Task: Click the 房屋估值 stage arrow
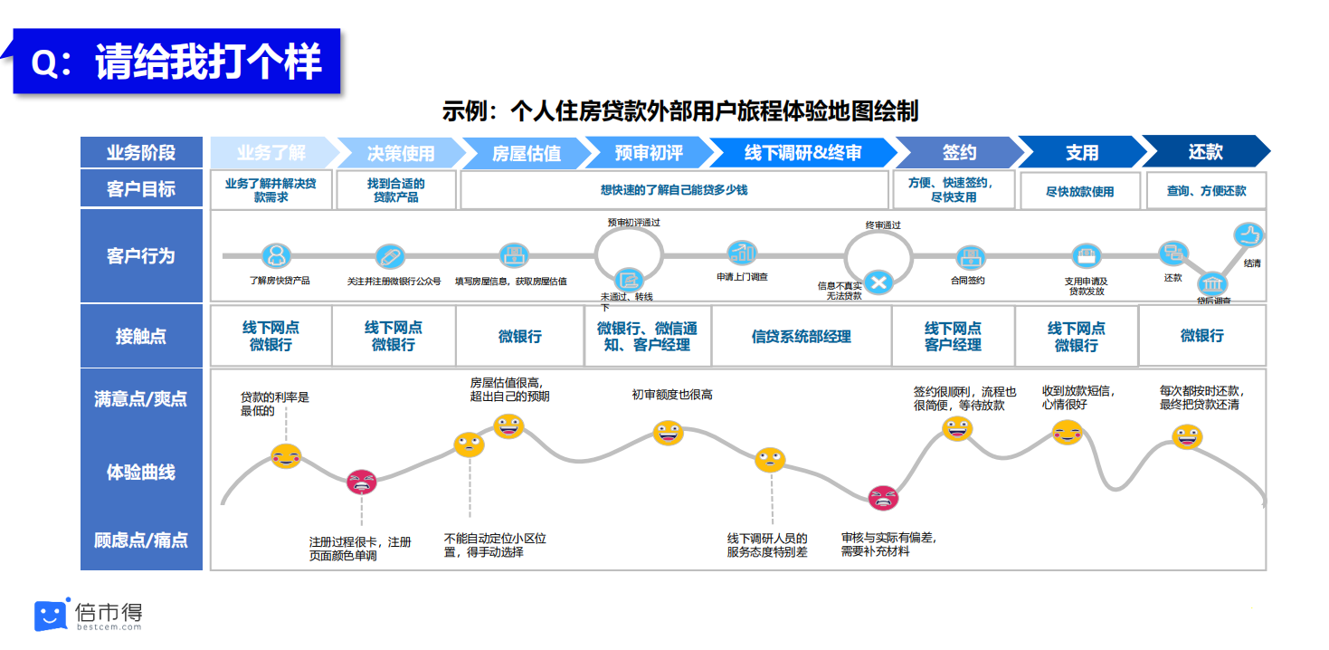[x=525, y=153]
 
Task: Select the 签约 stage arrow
[x=958, y=152]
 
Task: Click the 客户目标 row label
[x=141, y=190]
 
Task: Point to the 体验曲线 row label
[x=141, y=472]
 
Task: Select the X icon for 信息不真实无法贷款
[x=877, y=282]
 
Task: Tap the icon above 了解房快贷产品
[x=277, y=255]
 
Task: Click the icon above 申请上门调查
[x=743, y=253]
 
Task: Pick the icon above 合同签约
[x=970, y=256]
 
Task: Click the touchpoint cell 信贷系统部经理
[x=802, y=337]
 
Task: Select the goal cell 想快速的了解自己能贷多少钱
[x=674, y=190]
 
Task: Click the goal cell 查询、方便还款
[x=1206, y=191]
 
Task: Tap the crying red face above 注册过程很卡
[x=362, y=482]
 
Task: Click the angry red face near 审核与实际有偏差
[x=883, y=497]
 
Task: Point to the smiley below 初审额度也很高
[x=669, y=433]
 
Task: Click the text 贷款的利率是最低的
[x=274, y=404]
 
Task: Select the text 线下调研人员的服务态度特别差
[x=767, y=545]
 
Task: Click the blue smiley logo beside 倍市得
[x=52, y=615]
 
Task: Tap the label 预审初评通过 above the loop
[x=633, y=222]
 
